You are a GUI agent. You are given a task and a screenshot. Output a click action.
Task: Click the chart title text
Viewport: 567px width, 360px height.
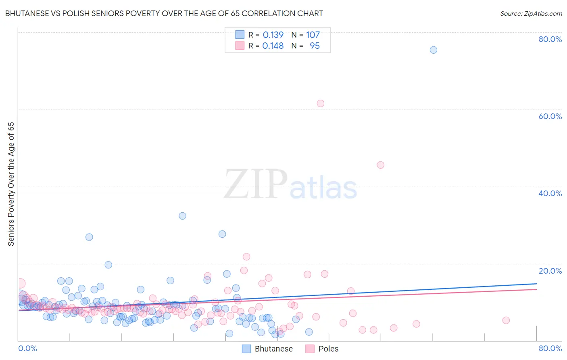(164, 13)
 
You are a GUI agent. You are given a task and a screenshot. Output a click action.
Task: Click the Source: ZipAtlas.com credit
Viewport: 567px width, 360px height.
(531, 13)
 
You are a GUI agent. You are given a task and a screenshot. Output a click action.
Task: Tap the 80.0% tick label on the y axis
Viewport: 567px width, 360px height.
(550, 39)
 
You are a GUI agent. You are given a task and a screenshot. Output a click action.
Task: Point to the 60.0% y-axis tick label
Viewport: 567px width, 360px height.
(550, 116)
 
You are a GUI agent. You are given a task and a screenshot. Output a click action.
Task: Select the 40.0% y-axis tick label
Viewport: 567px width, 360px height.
(550, 193)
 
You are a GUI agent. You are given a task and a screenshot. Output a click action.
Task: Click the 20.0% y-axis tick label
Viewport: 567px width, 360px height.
(550, 271)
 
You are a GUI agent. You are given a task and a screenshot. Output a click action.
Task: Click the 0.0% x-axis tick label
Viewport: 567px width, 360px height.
(27, 348)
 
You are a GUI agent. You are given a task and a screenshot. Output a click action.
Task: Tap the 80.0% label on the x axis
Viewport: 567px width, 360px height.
(550, 348)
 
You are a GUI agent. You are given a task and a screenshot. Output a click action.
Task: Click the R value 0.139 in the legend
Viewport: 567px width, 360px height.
(273, 35)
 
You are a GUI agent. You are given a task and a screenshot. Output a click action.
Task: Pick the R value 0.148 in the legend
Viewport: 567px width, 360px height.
(273, 46)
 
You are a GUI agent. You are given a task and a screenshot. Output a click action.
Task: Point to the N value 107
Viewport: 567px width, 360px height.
(313, 35)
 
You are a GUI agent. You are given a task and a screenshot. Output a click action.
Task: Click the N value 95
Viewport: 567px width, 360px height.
(315, 46)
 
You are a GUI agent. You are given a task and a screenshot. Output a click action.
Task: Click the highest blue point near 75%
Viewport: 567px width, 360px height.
(434, 50)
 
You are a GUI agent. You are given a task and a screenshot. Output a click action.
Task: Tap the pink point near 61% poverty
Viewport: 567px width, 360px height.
(321, 103)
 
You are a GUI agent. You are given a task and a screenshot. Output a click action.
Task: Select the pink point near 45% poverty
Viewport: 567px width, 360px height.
(380, 165)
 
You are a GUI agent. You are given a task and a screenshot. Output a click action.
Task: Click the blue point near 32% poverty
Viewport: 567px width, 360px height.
(182, 216)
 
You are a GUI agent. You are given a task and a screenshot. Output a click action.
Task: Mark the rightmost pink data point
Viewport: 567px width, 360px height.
(506, 320)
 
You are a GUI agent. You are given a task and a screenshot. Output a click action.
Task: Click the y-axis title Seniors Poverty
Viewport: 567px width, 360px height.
(11, 184)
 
